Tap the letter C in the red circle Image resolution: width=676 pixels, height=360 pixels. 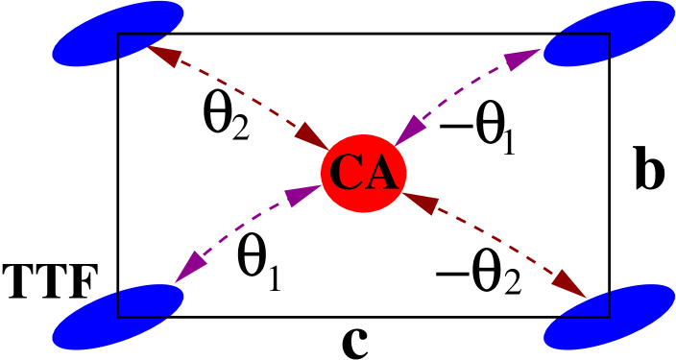click(346, 174)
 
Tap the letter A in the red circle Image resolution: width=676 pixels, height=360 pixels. click(379, 174)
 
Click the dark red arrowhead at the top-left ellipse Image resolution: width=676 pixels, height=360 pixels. click(163, 56)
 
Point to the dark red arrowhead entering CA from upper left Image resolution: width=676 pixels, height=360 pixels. click(314, 137)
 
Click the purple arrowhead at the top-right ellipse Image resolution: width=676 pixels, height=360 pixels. click(523, 60)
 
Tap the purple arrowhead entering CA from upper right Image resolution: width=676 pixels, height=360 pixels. click(410, 130)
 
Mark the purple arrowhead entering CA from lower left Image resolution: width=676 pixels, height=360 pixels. click(302, 195)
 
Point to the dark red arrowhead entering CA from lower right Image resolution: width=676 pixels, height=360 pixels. click(420, 203)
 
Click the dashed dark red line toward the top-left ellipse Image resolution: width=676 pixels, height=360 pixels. click(240, 96)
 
